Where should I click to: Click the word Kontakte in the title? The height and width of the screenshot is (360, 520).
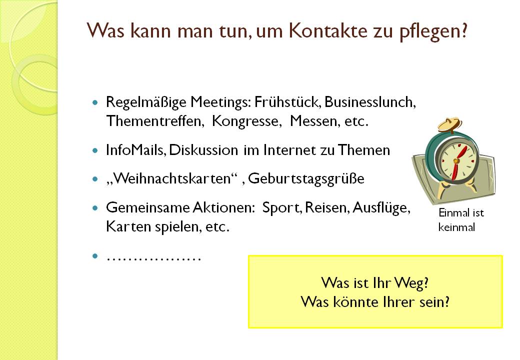point(328,30)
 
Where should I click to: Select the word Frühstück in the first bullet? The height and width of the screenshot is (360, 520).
point(287,102)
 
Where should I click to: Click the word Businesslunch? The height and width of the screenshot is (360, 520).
point(370,102)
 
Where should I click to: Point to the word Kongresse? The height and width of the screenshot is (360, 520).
point(246,121)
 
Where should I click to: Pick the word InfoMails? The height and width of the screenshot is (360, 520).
point(135,150)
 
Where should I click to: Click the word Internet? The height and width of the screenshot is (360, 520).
point(289,150)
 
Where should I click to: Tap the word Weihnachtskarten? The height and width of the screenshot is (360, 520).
point(172,178)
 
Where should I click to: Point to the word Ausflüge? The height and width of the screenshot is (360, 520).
point(381,208)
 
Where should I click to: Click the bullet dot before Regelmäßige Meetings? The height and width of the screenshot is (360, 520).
point(95,103)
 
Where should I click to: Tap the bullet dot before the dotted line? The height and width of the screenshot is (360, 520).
point(95,256)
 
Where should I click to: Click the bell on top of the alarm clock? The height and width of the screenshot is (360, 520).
point(449,124)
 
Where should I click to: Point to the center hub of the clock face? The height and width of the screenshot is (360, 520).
point(456,161)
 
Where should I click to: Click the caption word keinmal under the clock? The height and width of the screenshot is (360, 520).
point(456,227)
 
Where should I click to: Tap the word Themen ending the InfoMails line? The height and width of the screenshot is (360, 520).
point(364,150)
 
